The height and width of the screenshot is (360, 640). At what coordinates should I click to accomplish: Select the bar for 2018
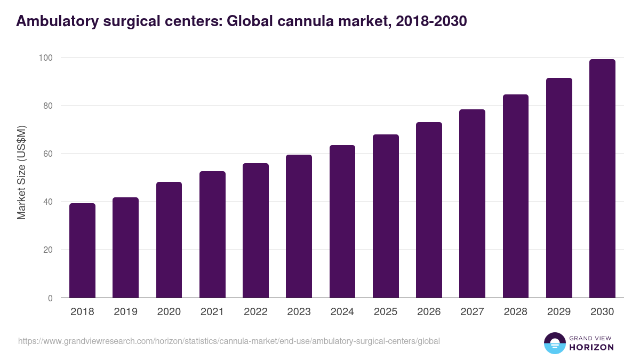(82, 251)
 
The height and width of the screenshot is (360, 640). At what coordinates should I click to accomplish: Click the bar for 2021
(212, 235)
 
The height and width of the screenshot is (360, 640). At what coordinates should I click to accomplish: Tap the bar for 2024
(342, 221)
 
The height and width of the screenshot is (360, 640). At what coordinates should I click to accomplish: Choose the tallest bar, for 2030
(602, 179)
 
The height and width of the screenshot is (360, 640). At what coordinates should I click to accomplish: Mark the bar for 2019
(125, 248)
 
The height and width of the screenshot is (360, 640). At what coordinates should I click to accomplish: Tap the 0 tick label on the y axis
(50, 298)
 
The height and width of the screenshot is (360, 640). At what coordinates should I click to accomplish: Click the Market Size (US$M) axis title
(21, 173)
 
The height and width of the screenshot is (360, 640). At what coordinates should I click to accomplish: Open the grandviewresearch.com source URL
(229, 341)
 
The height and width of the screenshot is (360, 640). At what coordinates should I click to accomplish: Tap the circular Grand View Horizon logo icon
(554, 343)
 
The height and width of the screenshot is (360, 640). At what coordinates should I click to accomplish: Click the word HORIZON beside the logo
(592, 347)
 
